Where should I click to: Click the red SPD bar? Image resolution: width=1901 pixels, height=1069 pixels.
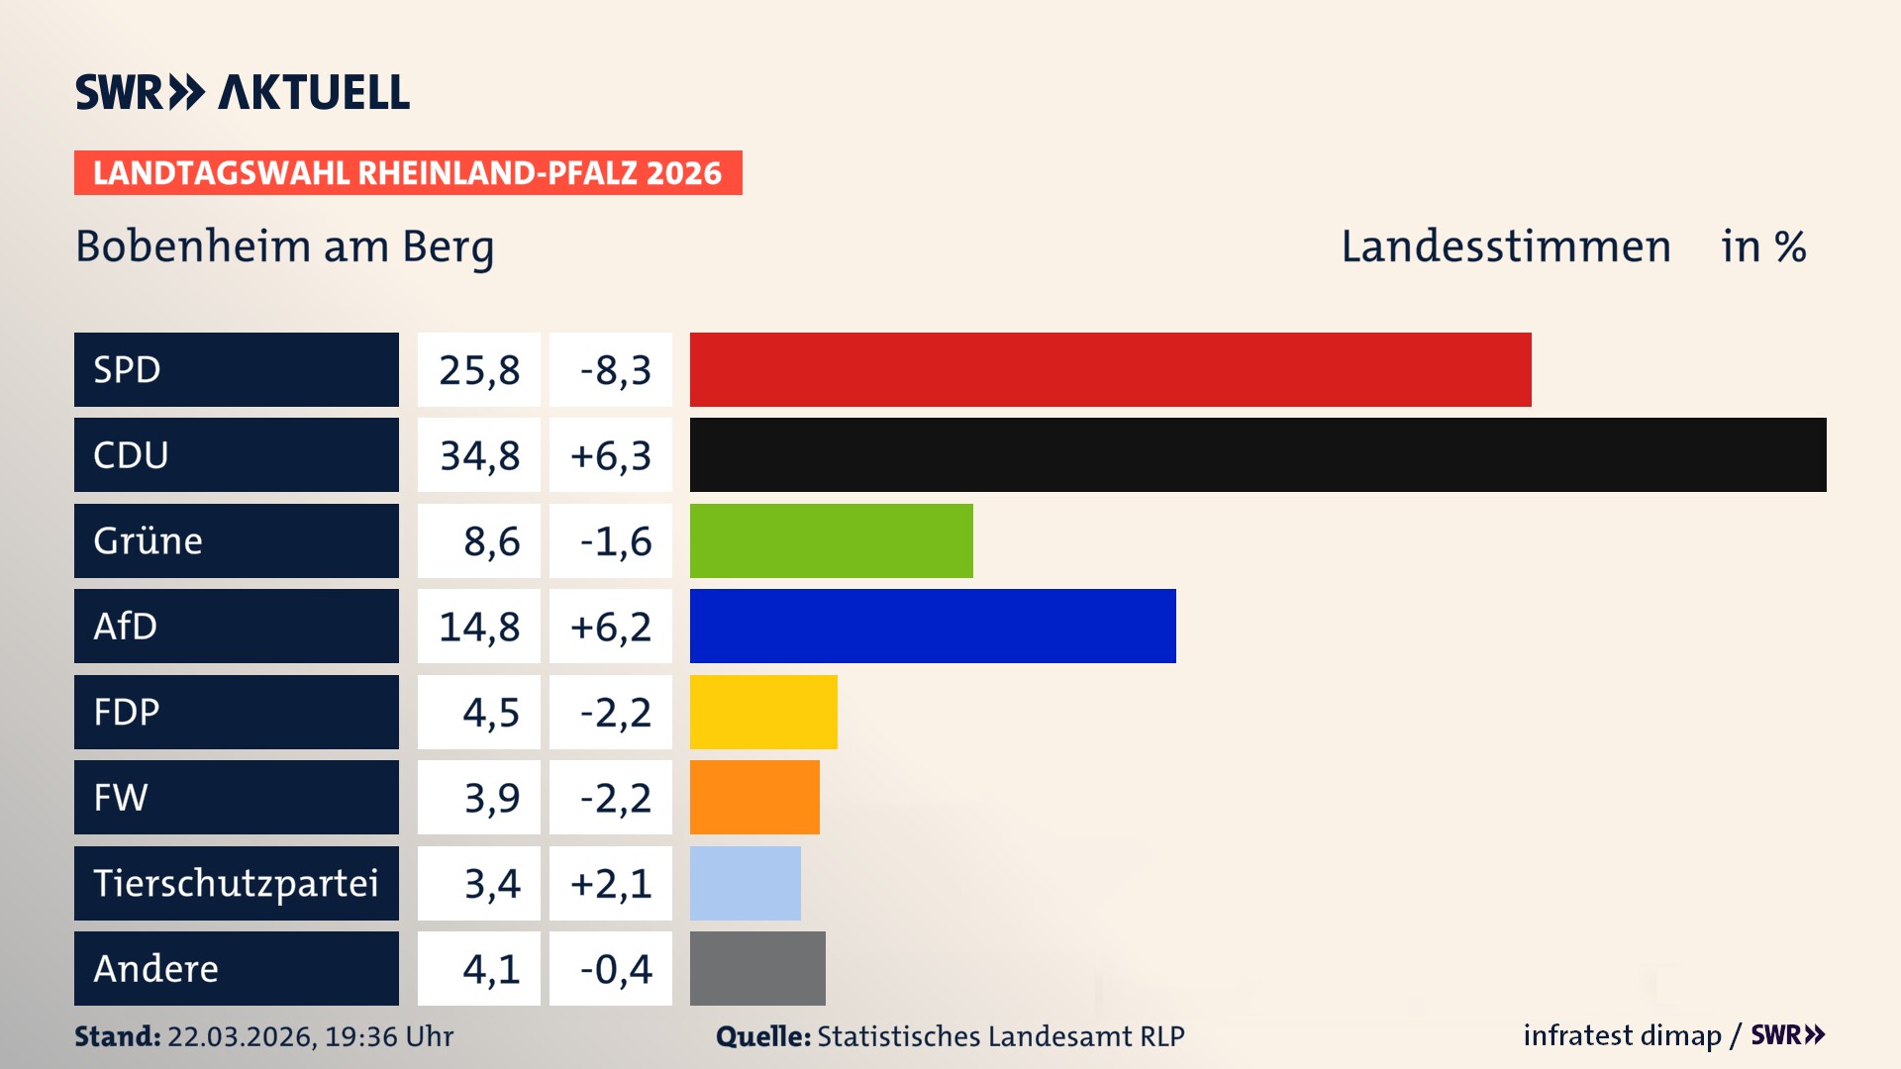1110,369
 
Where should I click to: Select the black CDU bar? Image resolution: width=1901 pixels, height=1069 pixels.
1257,454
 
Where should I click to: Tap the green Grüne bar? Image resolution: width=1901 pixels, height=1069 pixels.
831,540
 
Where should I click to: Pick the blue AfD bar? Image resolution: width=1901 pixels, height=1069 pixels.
932,626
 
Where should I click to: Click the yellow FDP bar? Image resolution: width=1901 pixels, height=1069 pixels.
762,712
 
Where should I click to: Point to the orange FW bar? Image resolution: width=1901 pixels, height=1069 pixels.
753,797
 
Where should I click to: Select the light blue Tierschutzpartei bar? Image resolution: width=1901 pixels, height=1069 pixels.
745,883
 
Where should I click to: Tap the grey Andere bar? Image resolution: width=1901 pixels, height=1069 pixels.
756,968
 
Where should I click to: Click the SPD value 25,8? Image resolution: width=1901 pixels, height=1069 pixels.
479,370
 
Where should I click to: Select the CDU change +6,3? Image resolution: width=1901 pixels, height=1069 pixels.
611,455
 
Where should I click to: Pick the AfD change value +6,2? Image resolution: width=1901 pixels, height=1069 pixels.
611,627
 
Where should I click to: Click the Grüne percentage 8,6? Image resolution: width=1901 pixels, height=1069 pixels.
491,541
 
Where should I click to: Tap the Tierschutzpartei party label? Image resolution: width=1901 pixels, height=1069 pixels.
236,883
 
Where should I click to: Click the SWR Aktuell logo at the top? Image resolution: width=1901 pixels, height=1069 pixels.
242,92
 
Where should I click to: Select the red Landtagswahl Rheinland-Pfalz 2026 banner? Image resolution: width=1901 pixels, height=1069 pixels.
408,173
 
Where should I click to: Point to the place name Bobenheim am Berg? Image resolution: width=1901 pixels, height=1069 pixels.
284,246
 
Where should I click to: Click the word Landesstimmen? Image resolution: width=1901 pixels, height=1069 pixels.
1505,246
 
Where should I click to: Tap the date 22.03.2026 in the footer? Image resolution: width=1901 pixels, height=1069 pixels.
241,1036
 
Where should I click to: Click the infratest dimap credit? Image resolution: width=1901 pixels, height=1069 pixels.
1621,1035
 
